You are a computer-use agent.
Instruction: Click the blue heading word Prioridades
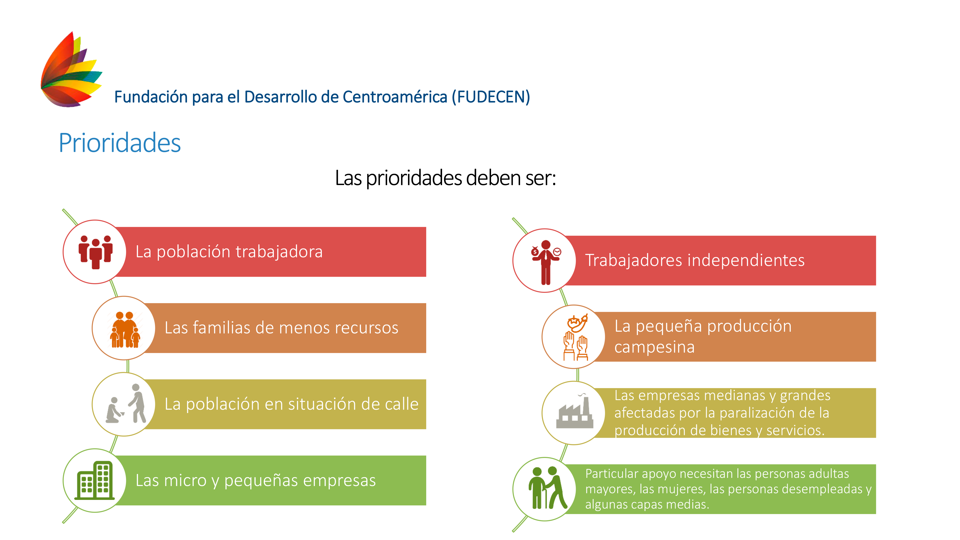point(120,143)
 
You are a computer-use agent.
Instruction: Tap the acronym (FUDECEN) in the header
point(491,97)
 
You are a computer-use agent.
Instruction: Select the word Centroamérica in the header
point(395,97)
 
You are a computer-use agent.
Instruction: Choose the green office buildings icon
point(95,480)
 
